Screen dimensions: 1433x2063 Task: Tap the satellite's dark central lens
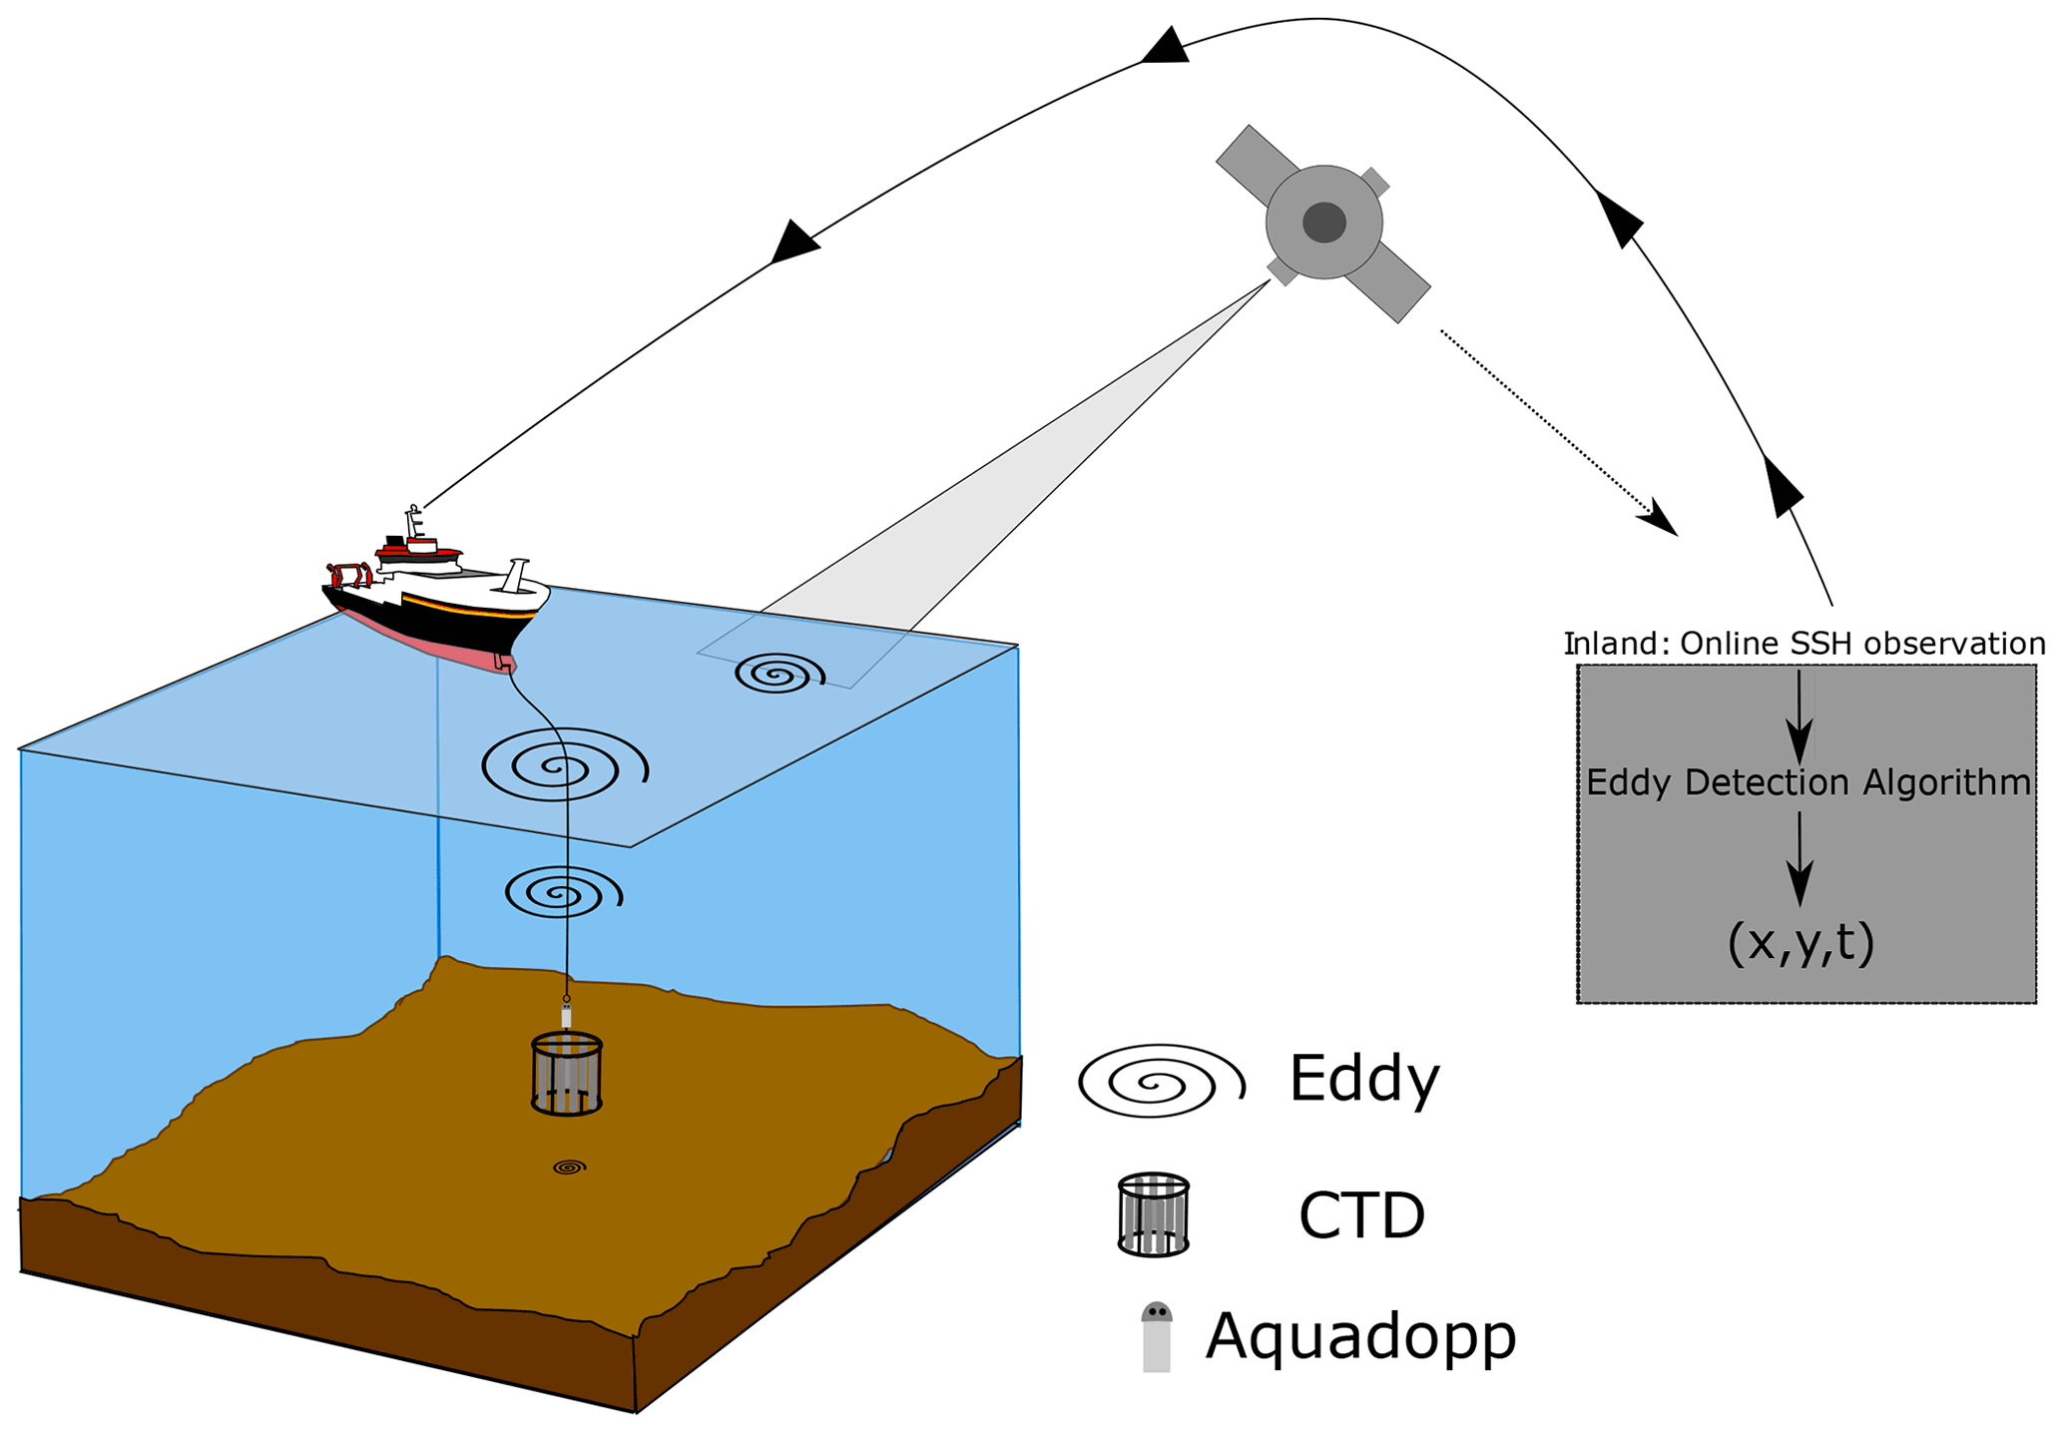point(1324,223)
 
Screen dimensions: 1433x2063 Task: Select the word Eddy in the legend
point(1363,1079)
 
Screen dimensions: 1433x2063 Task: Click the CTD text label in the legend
point(1361,1216)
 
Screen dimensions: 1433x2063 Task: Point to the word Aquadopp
point(1360,1336)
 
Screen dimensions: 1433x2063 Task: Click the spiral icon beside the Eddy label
point(1161,1081)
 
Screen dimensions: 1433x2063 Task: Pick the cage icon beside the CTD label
point(1153,1214)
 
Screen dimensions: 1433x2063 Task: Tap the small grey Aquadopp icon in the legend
point(1156,1337)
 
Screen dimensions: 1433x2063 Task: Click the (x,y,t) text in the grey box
point(1801,943)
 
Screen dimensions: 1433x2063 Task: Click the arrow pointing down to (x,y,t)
point(1799,859)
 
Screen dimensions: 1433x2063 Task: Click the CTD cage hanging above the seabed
point(567,1074)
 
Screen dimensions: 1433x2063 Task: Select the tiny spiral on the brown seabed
point(569,1167)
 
